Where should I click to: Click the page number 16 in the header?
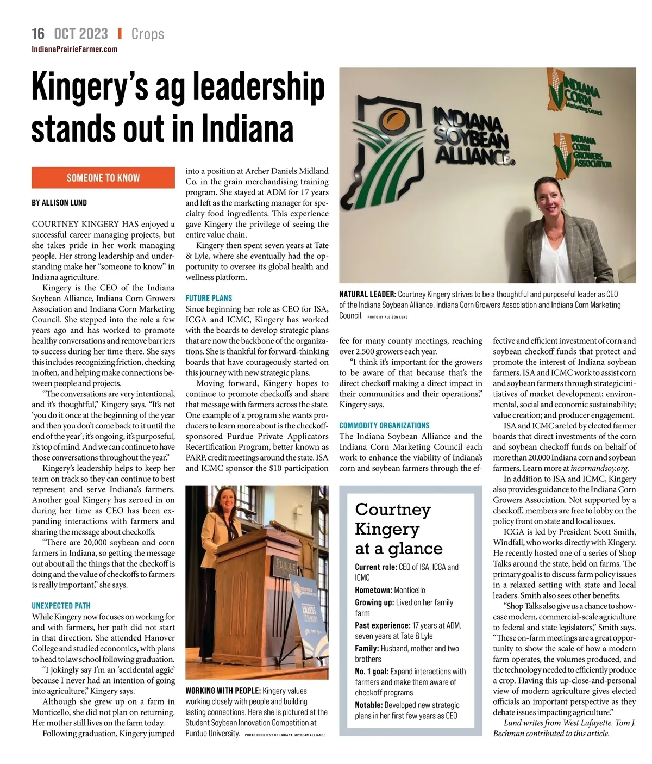click(x=38, y=34)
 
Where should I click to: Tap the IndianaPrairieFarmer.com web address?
click(x=74, y=49)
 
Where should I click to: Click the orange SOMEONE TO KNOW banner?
click(x=103, y=178)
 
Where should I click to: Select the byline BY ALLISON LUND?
click(x=59, y=203)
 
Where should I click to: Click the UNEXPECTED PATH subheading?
click(x=61, y=606)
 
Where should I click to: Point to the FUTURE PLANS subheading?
click(x=209, y=298)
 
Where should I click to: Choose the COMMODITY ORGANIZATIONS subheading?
click(x=384, y=425)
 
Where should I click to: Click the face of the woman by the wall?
click(x=550, y=197)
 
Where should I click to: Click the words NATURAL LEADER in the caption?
click(x=367, y=294)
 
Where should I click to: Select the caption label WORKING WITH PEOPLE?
click(x=223, y=691)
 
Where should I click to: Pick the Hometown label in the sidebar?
click(x=373, y=590)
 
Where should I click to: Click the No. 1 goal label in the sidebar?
click(x=372, y=672)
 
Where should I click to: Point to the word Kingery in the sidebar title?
click(x=387, y=529)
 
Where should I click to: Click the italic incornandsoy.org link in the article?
click(x=599, y=468)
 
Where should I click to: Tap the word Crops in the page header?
click(x=148, y=34)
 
